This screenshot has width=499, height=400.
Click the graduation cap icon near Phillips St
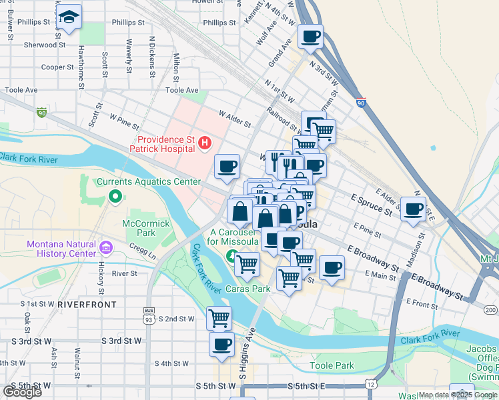[69, 18]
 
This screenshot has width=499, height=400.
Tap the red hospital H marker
[205, 143]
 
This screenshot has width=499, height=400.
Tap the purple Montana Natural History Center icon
[105, 249]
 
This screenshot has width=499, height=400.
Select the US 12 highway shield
[371, 382]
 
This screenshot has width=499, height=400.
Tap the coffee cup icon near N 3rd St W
[310, 37]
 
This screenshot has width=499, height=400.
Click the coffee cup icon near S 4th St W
[221, 344]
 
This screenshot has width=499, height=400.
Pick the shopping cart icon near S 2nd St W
[219, 318]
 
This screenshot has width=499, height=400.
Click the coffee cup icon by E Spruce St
[414, 209]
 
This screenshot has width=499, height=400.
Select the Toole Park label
[332, 365]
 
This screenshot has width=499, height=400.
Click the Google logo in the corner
[21, 392]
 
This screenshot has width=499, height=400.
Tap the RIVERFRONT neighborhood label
[87, 304]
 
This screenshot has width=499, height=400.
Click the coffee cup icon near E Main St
[332, 268]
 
